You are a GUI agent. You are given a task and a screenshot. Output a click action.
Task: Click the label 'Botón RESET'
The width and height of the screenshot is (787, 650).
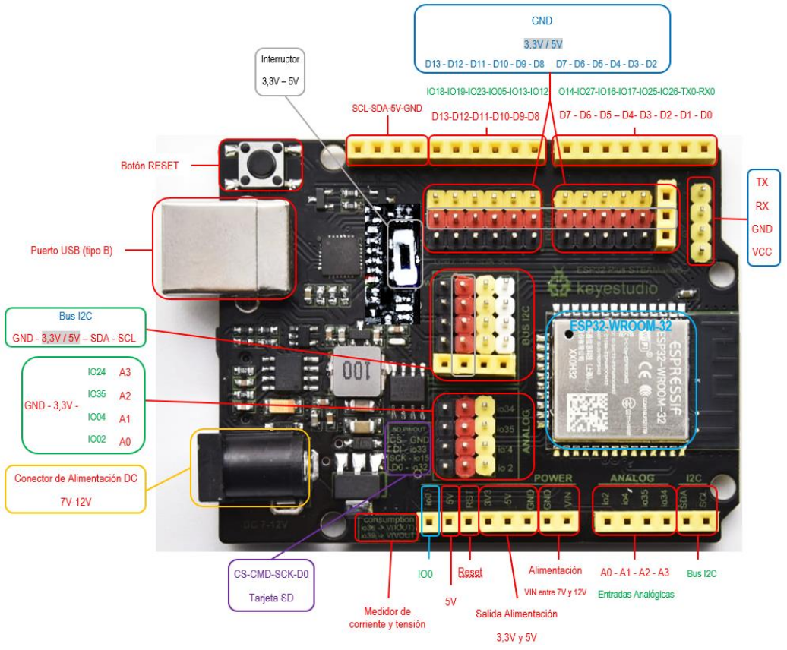150,165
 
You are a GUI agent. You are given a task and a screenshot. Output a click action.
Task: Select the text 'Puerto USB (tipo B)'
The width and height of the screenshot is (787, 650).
71,250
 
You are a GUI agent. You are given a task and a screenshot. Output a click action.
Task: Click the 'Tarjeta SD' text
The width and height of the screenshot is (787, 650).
271,598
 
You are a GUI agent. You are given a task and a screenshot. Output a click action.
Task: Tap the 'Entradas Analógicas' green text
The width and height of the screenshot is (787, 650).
636,594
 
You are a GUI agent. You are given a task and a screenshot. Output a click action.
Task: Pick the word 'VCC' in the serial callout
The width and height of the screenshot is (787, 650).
762,252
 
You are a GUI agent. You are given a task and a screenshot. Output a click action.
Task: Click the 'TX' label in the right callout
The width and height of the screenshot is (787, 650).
762,182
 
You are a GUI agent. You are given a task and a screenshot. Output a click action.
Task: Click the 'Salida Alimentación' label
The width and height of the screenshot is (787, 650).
517,614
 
